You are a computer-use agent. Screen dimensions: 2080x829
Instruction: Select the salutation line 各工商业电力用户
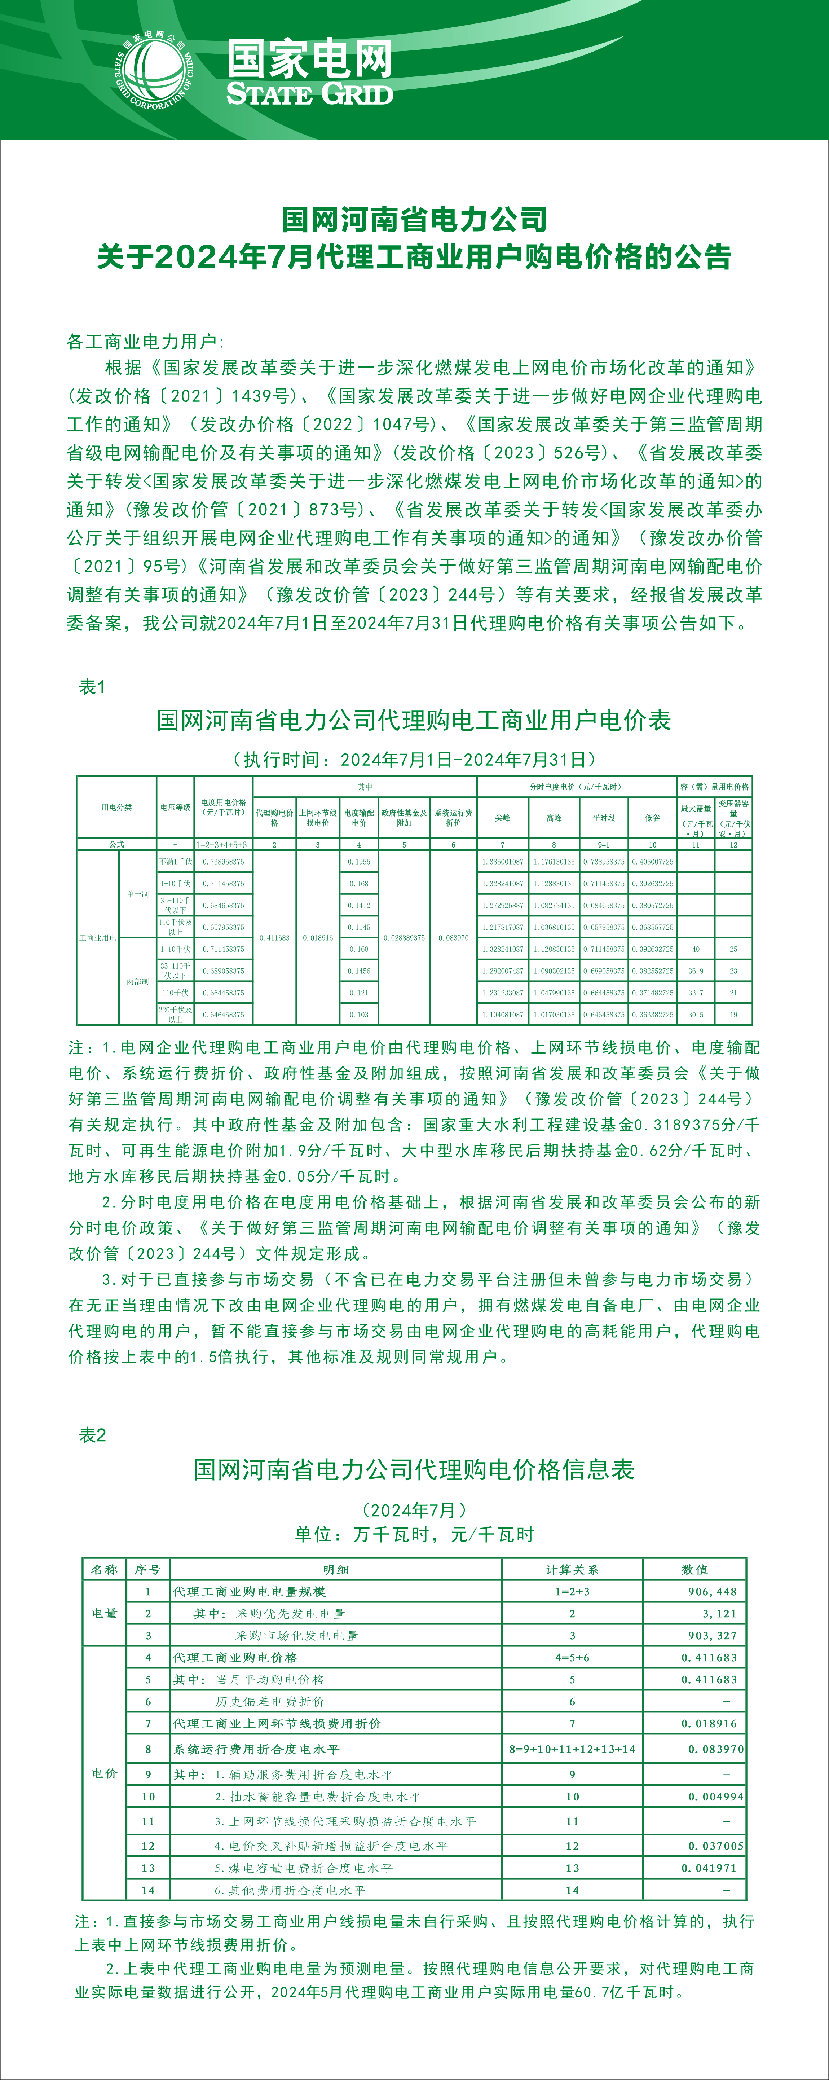(145, 342)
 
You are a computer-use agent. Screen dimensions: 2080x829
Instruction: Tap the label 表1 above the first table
(92, 687)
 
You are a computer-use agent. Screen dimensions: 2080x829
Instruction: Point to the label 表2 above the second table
(92, 1435)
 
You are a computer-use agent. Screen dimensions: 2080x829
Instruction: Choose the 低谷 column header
(652, 818)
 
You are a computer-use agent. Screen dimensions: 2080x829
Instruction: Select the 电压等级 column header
(175, 807)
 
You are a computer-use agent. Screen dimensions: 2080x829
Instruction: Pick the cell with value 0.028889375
(404, 937)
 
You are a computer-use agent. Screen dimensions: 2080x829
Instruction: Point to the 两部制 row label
(137, 981)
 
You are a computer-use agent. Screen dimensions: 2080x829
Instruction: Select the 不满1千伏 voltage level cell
(175, 862)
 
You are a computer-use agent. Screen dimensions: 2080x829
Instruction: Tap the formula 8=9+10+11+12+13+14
(572, 1749)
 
